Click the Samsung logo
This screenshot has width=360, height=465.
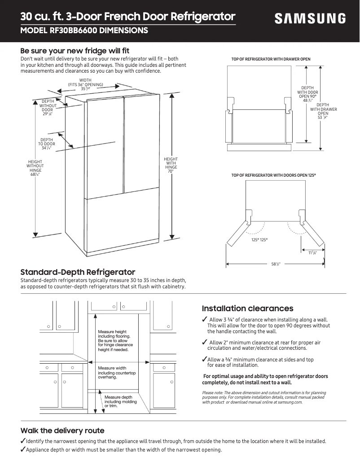[310, 18]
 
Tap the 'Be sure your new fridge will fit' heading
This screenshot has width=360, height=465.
[75, 51]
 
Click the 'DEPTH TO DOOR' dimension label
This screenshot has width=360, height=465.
[47, 144]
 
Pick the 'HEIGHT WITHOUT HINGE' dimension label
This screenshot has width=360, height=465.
[35, 168]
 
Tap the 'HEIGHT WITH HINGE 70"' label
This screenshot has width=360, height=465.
[171, 165]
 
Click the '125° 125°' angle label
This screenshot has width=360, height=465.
[259, 240]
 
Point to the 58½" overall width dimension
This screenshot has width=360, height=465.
[276, 264]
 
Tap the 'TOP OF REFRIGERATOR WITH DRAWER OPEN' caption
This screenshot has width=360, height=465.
[271, 59]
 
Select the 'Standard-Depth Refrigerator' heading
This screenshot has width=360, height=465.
[78, 272]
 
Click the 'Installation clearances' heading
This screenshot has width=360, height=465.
[247, 309]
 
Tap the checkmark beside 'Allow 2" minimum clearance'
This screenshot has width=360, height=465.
[205, 343]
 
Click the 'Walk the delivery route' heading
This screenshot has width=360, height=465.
[62, 430]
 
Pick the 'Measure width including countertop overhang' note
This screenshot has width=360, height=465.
[117, 373]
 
